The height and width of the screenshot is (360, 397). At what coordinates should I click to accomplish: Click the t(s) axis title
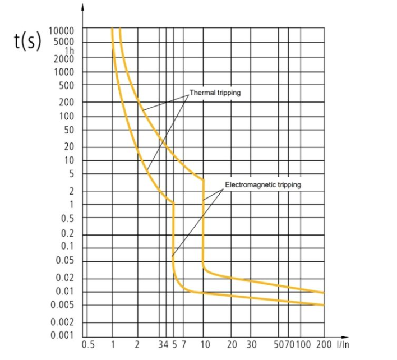click(x=27, y=42)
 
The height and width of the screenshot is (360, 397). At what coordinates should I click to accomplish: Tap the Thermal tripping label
click(x=215, y=93)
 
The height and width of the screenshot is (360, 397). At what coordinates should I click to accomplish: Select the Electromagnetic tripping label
click(x=263, y=184)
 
